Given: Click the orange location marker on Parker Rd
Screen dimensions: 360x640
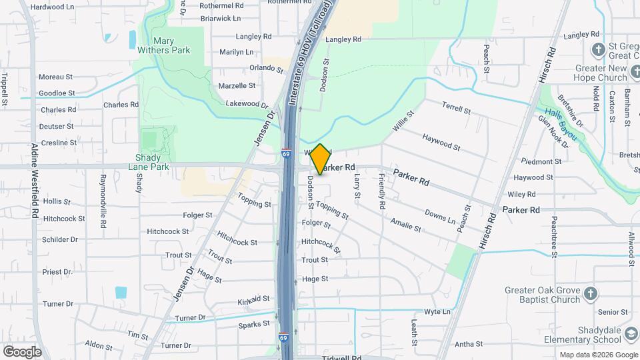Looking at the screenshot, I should tap(320, 159).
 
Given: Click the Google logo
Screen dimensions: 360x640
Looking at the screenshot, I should tap(22, 351).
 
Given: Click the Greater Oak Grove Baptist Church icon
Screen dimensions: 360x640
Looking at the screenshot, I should tap(589, 294).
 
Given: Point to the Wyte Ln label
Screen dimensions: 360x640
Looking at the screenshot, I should tap(437, 311).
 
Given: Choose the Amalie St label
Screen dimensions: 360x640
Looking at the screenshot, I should tap(406, 225).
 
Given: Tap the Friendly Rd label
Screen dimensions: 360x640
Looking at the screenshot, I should tap(381, 191).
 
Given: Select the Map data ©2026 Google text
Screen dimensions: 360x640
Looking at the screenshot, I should tap(598, 355).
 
